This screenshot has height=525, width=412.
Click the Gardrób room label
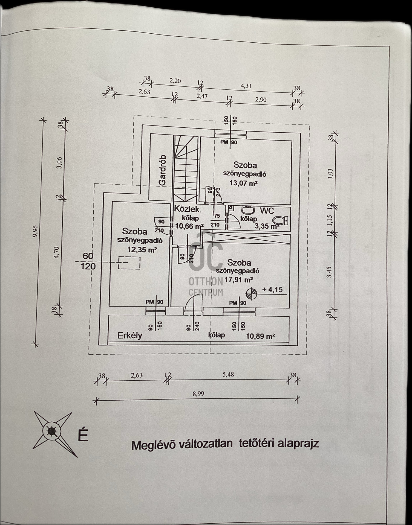162,170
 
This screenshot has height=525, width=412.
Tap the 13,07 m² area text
244,183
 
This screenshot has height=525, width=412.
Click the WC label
267,211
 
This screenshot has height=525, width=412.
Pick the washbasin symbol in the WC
248,210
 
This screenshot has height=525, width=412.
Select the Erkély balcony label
130,336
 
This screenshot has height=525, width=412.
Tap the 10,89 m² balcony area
260,336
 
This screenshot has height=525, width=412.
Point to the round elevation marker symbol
251,294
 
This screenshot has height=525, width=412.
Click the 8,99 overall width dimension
198,394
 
